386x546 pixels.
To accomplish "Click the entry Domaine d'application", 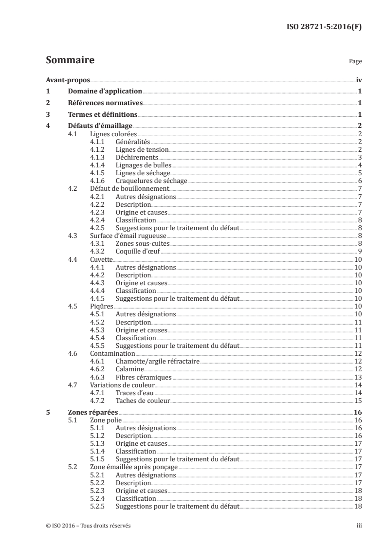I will click(105, 91).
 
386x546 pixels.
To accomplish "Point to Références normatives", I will click(105, 103).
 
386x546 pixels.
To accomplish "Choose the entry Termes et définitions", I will click(103, 115).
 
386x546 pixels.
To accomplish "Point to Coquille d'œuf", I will click(138, 251).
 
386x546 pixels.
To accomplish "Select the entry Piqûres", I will click(102, 306).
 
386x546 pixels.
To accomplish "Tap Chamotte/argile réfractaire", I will click(158, 361).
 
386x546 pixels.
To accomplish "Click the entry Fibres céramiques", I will click(144, 377).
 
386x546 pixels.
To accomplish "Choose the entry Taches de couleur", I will click(143, 400).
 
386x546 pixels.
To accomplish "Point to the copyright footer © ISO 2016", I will click(89, 526).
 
